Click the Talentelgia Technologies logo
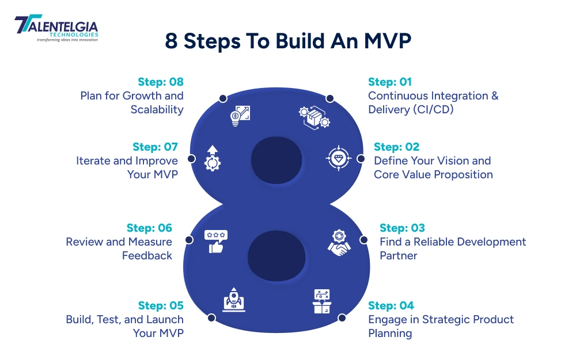56,29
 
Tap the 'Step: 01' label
390,82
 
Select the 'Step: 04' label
391,305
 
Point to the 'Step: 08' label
161,82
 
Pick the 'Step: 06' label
149,228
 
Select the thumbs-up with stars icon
215,242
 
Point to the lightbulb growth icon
239,114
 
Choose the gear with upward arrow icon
213,158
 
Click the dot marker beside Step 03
363,239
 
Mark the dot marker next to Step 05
211,317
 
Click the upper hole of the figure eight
276,158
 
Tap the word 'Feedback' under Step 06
147,255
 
